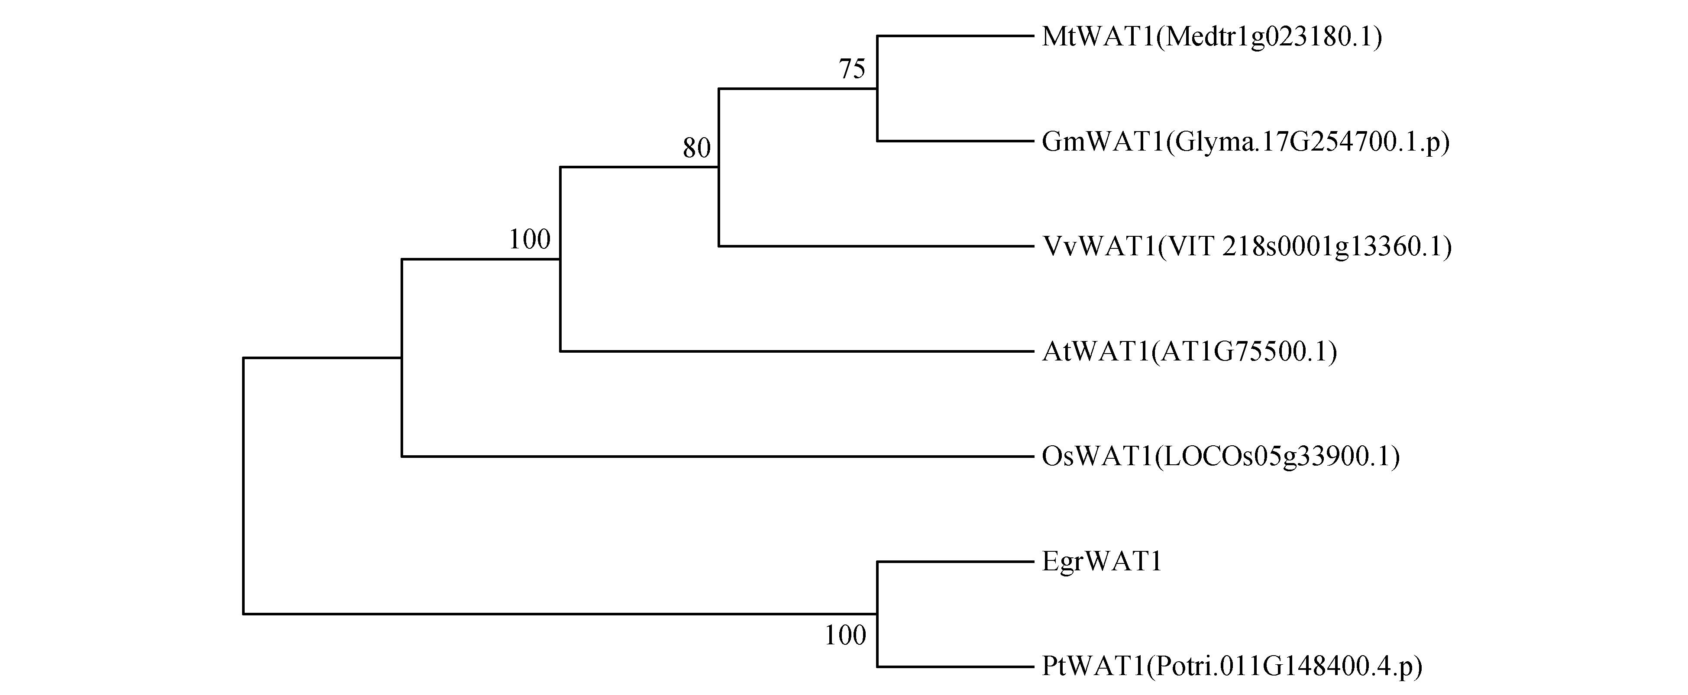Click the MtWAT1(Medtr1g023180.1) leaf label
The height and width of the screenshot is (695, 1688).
point(1212,37)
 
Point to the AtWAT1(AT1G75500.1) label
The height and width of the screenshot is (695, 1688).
point(1189,352)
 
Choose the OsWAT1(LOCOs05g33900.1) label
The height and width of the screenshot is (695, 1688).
point(1221,457)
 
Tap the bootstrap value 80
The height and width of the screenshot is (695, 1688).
point(697,148)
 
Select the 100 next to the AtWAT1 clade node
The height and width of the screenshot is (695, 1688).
point(530,240)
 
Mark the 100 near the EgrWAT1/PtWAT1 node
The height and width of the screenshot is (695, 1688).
point(845,635)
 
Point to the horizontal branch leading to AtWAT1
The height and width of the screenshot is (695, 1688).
point(797,352)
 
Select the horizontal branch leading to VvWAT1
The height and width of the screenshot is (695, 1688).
point(876,246)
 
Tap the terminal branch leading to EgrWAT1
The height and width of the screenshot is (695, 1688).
point(955,561)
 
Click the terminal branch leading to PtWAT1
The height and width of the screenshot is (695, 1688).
point(955,667)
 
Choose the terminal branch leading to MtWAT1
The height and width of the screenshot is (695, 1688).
point(955,36)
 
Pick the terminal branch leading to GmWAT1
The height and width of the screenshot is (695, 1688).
point(955,141)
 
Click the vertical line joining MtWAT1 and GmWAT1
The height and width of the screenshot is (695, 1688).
point(877,88)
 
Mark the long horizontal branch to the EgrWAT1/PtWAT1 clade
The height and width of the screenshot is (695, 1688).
point(560,614)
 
